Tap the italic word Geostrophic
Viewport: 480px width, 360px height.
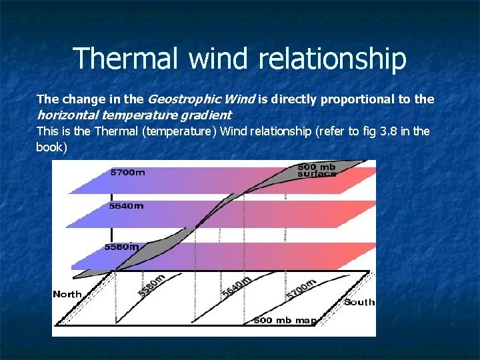(x=177, y=99)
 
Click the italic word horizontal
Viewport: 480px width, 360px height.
(x=65, y=115)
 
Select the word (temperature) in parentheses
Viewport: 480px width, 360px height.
(x=174, y=131)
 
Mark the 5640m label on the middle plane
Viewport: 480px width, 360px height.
(x=126, y=206)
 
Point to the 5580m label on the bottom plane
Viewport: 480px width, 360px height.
(x=121, y=247)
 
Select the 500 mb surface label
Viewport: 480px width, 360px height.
(x=317, y=170)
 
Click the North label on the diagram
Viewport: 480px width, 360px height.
(x=67, y=294)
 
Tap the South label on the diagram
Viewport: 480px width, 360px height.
(x=359, y=302)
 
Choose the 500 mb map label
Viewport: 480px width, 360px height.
(x=285, y=321)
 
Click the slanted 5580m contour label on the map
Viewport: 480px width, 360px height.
(x=151, y=285)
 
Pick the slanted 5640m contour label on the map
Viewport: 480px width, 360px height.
(x=237, y=287)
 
